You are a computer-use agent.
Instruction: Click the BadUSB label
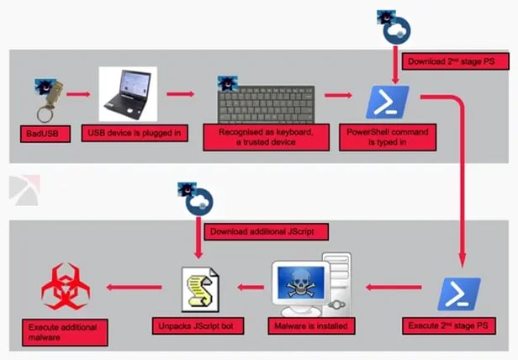[40, 133]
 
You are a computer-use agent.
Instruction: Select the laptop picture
[127, 94]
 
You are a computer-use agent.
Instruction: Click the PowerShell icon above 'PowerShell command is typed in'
[387, 103]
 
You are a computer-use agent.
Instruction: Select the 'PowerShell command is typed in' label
[387, 138]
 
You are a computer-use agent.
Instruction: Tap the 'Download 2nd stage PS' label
[443, 61]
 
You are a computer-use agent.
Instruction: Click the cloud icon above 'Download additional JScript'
[198, 200]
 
